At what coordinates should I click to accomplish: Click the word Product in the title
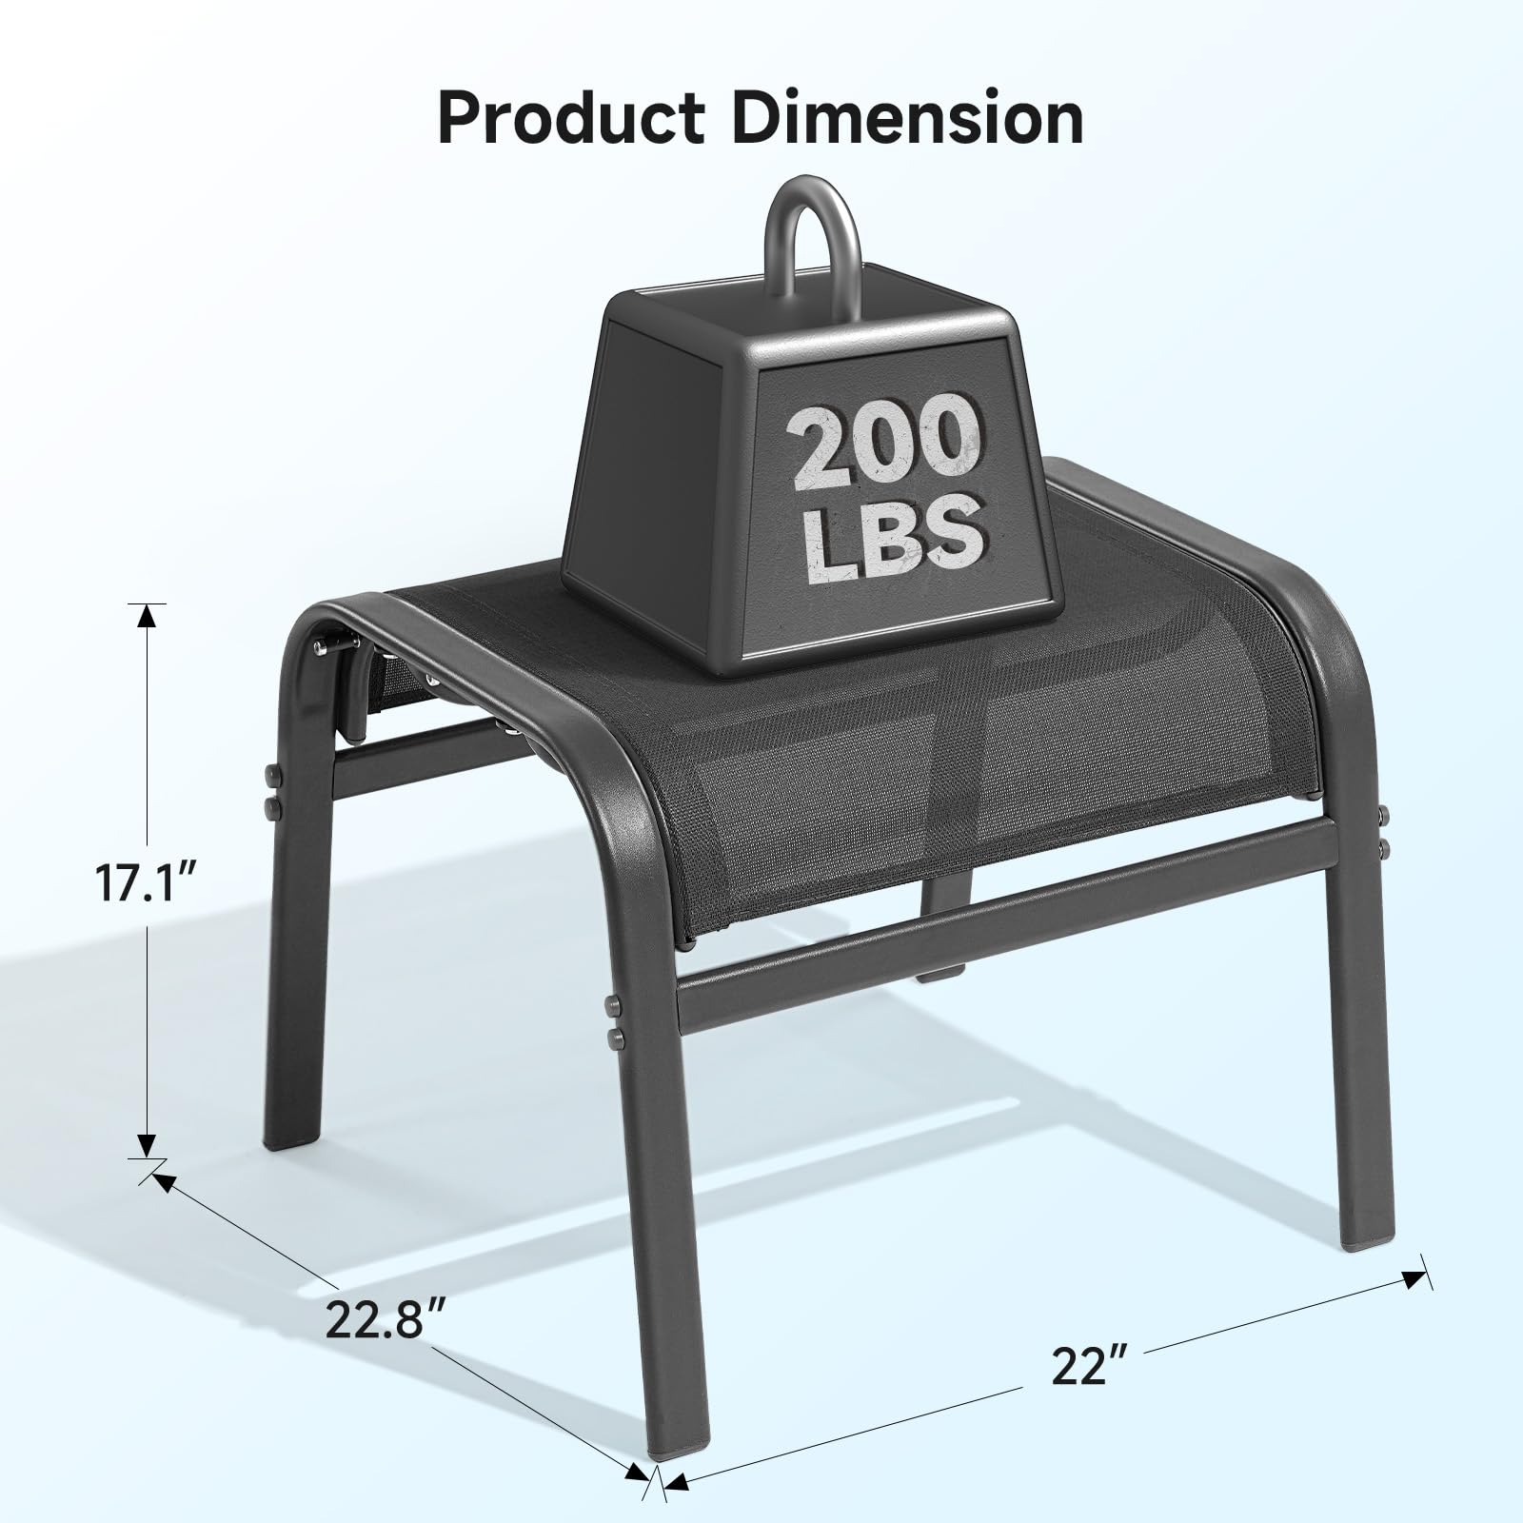[x=571, y=119]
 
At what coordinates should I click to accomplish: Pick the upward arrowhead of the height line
[x=146, y=617]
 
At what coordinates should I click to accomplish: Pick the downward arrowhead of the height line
[x=146, y=1146]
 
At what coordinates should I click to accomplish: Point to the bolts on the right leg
[x=1383, y=828]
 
